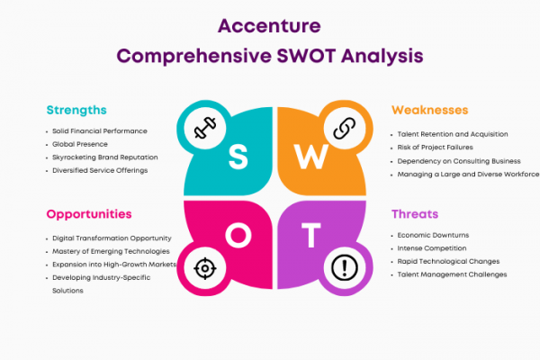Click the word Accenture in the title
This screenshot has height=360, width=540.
pos(269,26)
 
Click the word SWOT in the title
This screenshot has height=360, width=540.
pos(306,56)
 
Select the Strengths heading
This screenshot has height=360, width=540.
pos(76,110)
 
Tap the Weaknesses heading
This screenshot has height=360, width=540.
pos(430,110)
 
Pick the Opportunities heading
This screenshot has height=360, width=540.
pos(89,214)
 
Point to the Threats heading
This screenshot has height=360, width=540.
pos(415,214)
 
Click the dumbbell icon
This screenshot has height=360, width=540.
pos(205,128)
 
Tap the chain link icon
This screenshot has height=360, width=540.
pos(345,128)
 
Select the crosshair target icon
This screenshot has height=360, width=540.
pos(205,268)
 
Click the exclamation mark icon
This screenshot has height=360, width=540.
pos(345,267)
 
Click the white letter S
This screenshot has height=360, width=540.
pos(238,157)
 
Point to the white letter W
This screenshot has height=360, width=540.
pos(311,157)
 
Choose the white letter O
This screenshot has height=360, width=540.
pos(238,235)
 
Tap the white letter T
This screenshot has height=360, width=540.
pos(311,235)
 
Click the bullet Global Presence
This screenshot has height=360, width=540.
pos(80,144)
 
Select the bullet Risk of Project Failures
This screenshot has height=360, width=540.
pos(435,148)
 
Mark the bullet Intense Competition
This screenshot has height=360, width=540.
pos(432,248)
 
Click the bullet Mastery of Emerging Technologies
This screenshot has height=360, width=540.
pos(111,251)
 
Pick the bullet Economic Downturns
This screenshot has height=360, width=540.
pos(433,235)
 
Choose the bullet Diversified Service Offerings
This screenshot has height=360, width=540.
pos(100,170)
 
